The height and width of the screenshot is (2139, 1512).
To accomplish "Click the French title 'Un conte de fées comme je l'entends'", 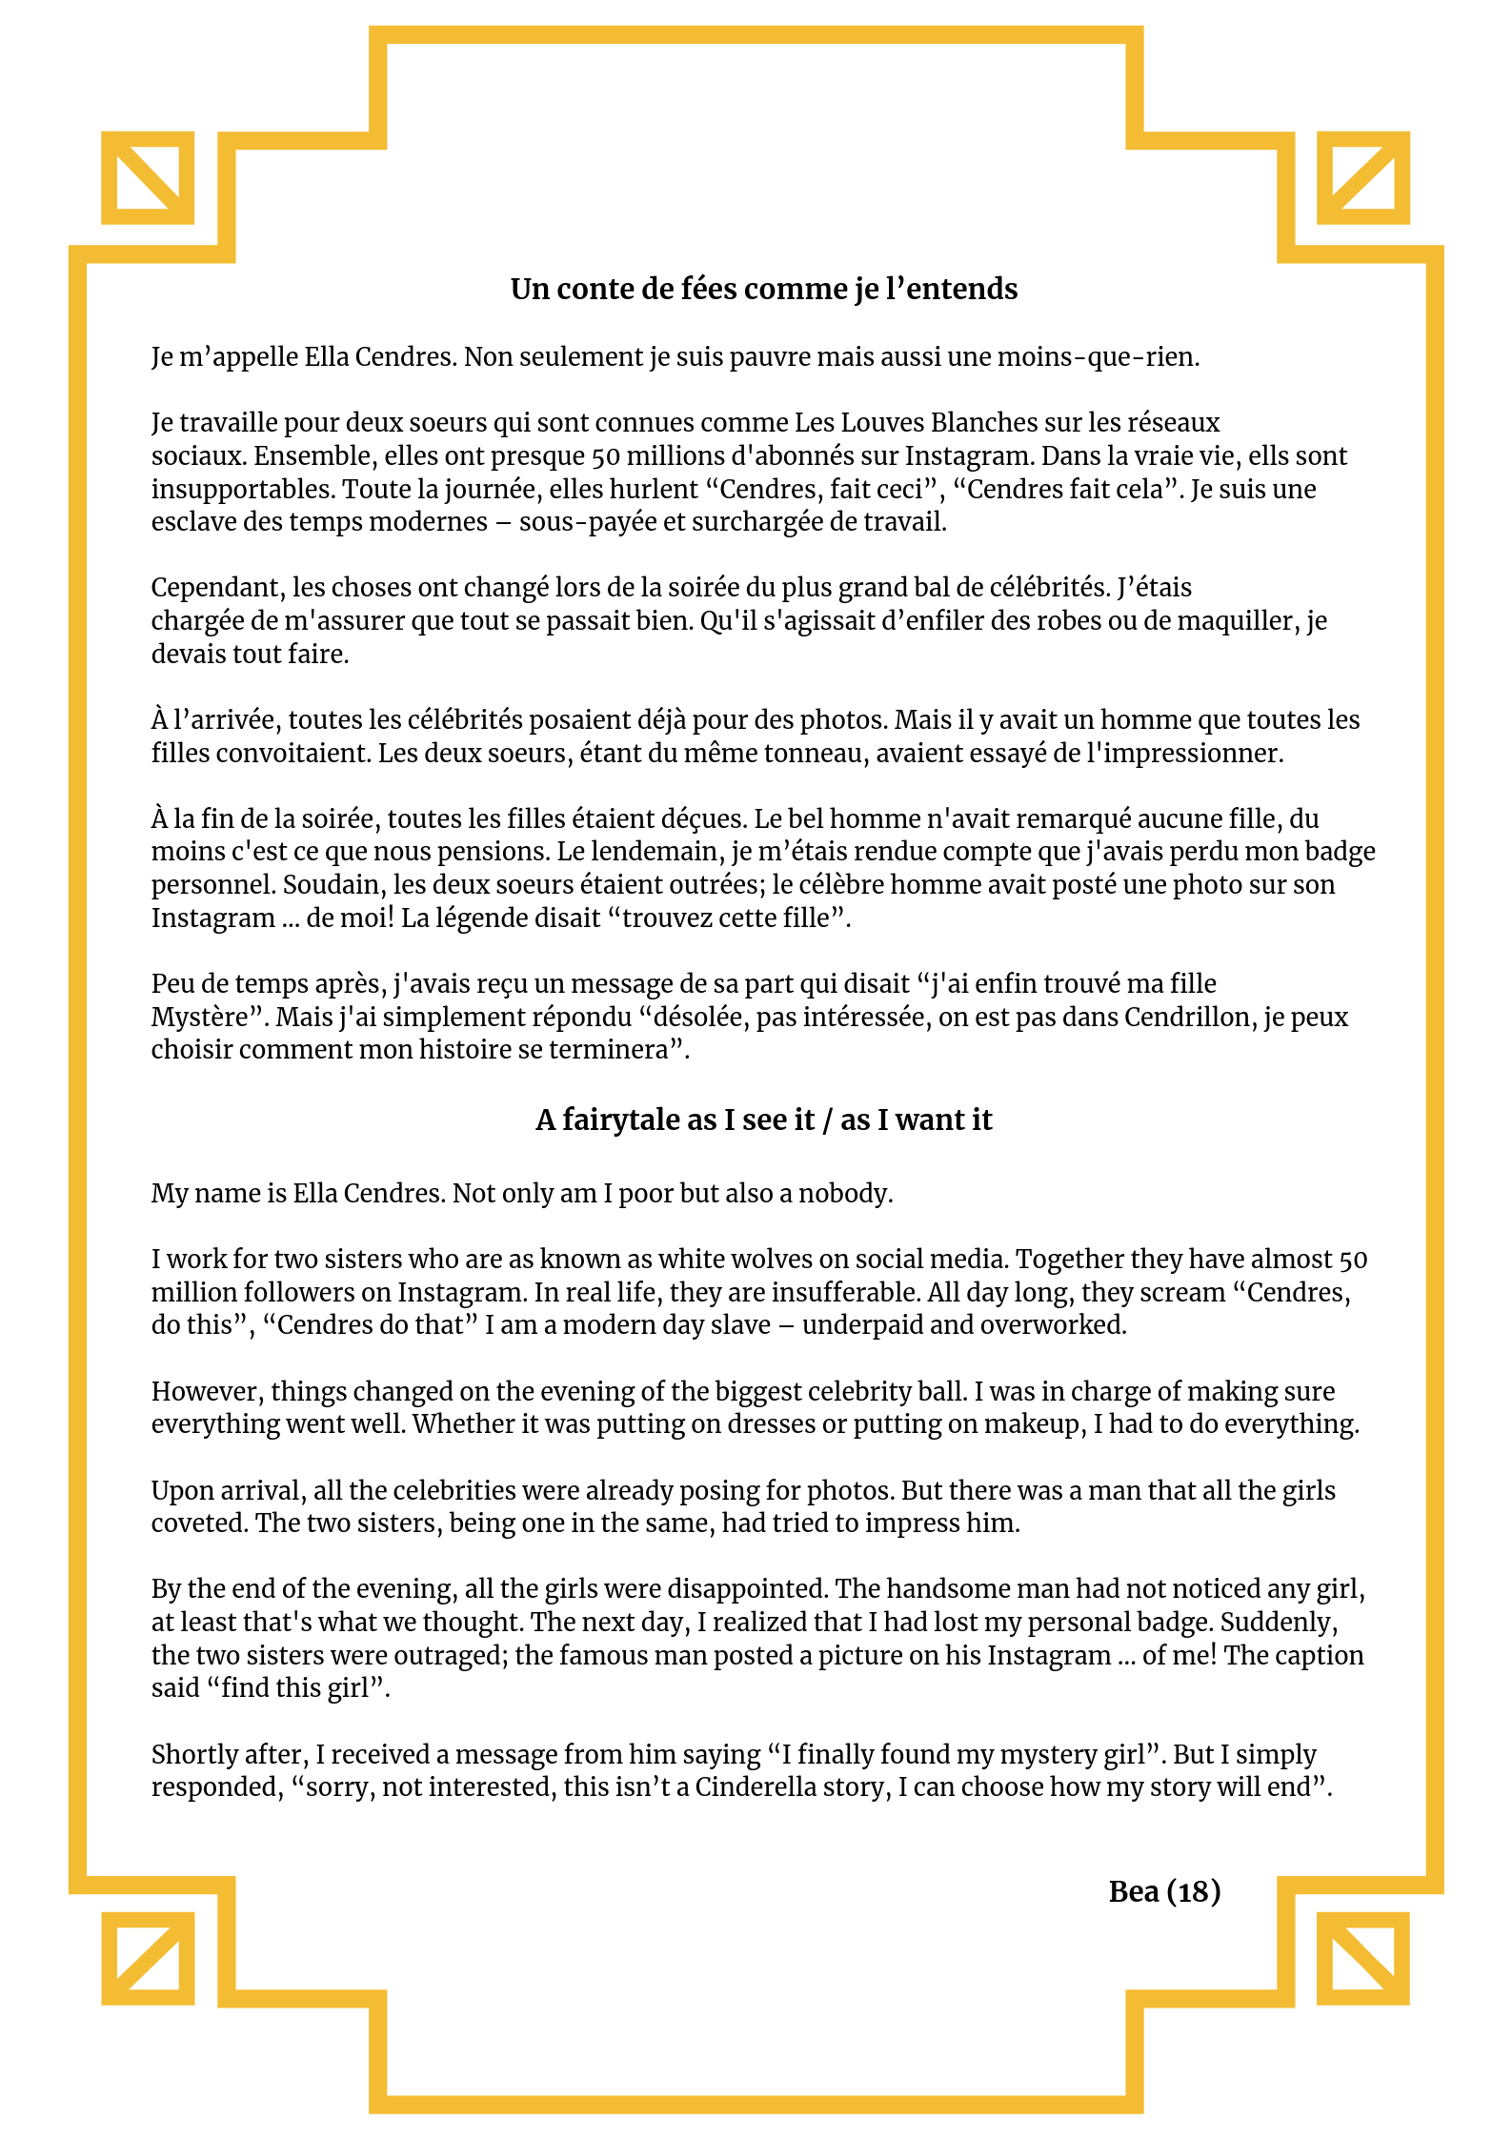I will tap(763, 289).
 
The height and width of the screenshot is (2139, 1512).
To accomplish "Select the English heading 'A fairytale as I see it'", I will tap(763, 1120).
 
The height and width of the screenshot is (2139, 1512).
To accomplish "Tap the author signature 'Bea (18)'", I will tap(1164, 1891).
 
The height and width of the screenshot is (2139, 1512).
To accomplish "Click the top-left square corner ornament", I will tap(148, 178).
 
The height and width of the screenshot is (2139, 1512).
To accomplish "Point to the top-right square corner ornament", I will tap(1362, 178).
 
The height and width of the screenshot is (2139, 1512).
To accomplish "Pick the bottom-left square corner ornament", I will tap(148, 1958).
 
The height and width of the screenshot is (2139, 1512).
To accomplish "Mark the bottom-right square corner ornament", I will tap(1362, 1958).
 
